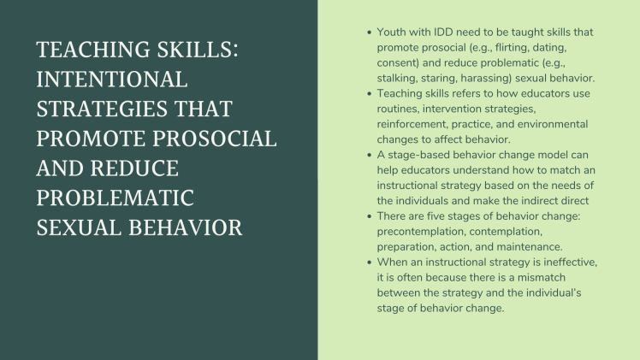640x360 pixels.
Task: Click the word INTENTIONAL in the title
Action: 111,80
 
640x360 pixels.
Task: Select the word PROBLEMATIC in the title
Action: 116,198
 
